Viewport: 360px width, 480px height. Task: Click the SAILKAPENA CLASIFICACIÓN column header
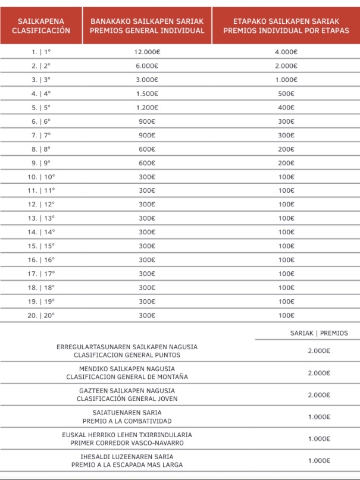point(40,26)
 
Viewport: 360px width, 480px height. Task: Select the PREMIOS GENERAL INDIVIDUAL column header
point(147,26)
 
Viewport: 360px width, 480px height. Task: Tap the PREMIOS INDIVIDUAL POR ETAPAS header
point(286,26)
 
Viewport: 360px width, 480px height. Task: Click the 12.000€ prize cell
point(147,52)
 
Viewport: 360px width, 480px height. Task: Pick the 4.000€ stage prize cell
point(286,52)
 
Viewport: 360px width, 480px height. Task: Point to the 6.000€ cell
point(147,66)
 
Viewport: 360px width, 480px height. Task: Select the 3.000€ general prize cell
point(147,80)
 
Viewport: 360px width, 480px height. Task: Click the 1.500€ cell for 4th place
point(147,93)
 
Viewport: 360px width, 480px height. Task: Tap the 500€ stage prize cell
point(286,93)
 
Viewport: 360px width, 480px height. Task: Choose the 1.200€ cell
point(147,108)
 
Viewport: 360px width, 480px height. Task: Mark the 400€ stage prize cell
point(286,108)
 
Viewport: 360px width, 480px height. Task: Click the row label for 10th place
point(40,177)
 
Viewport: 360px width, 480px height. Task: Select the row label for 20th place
point(40,315)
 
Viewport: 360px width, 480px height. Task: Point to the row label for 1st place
point(40,52)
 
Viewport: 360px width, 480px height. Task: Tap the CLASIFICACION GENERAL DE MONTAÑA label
point(127,377)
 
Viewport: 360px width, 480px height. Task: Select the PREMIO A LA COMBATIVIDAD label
point(127,421)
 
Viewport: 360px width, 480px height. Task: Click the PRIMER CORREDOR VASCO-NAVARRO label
point(127,443)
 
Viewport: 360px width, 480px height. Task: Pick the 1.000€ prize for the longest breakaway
point(319,460)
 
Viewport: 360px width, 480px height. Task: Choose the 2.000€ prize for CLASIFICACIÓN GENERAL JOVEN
point(319,395)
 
